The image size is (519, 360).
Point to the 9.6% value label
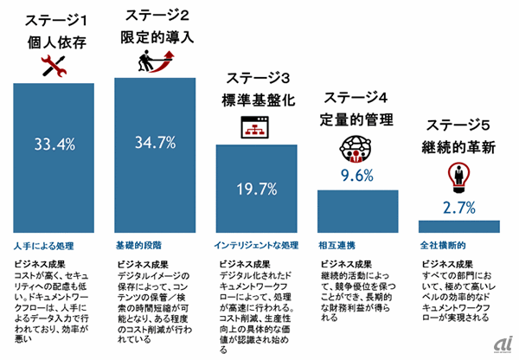click(356, 177)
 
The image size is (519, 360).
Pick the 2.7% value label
click(458, 208)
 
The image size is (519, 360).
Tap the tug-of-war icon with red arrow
click(156, 63)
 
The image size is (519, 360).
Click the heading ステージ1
click(54, 19)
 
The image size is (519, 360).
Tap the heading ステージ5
click(458, 124)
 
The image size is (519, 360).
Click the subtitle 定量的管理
click(356, 117)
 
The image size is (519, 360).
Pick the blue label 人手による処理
click(43, 235)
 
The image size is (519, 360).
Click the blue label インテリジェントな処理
click(254, 235)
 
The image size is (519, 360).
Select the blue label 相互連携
click(336, 235)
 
